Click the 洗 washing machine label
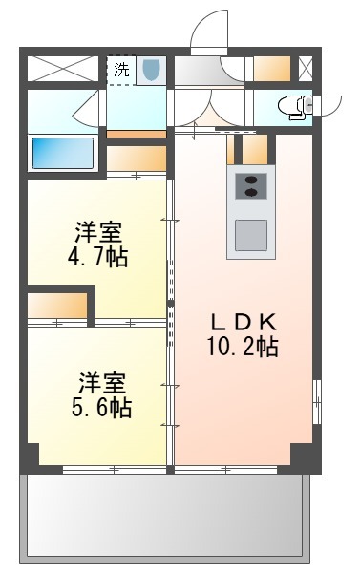121,70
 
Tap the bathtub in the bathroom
62,153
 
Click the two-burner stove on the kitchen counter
251,186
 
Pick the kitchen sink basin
251,235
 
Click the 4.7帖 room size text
98,258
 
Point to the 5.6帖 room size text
101,408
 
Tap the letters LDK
244,322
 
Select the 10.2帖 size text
243,347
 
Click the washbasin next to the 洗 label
152,70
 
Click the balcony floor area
165,516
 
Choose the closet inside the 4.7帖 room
57,306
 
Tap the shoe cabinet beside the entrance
272,69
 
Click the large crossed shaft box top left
63,69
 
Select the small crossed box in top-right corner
306,69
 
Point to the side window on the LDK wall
317,402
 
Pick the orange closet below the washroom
137,159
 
